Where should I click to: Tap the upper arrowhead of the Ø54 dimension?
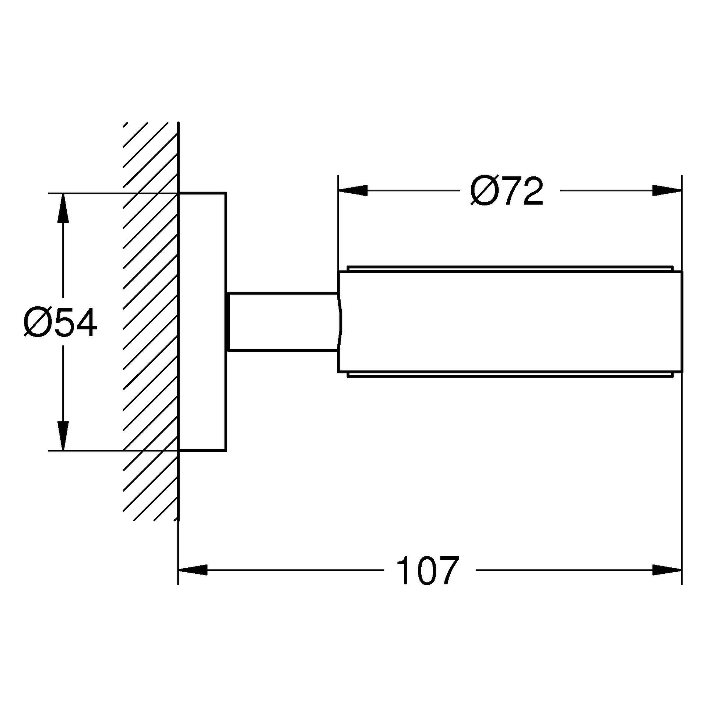click(63, 208)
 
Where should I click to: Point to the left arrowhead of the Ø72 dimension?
click(353, 190)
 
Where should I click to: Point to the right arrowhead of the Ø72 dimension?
click(667, 190)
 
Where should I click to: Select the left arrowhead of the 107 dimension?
click(193, 570)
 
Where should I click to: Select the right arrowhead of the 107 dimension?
click(667, 570)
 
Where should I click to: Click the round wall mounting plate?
click(202, 321)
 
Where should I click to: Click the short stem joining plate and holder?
click(283, 322)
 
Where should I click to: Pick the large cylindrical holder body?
click(510, 322)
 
